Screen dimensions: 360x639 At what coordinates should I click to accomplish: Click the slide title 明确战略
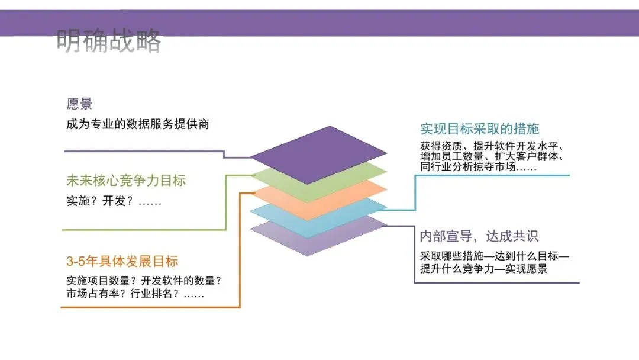tap(109, 41)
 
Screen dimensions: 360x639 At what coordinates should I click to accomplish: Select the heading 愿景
tap(79, 105)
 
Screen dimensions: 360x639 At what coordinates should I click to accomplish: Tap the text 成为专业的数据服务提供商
tap(137, 124)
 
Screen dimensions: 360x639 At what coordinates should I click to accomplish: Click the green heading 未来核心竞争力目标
tap(126, 181)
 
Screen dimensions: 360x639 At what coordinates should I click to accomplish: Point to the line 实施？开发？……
tap(114, 201)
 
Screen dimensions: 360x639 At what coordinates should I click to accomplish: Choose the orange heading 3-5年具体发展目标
tap(122, 262)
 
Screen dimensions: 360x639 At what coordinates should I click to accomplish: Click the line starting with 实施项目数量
tap(147, 281)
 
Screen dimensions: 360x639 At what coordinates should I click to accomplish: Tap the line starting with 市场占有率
tap(135, 294)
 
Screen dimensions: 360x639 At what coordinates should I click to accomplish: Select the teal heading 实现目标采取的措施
tap(479, 128)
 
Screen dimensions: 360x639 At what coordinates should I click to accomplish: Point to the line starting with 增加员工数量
tap(491, 157)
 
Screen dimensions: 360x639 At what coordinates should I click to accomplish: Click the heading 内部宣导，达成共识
tap(479, 236)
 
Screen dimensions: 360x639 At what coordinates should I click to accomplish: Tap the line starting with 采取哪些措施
tap(494, 257)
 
